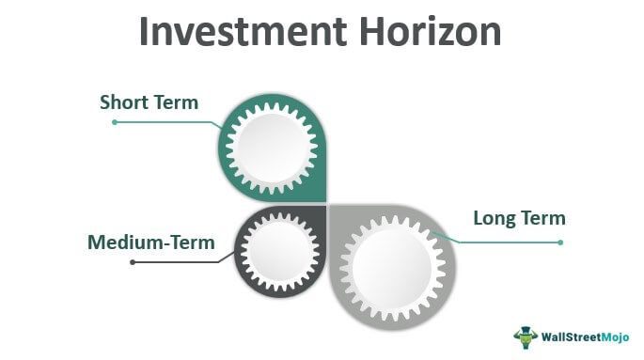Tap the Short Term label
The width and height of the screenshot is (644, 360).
[x=149, y=102]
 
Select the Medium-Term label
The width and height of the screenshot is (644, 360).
[x=150, y=243]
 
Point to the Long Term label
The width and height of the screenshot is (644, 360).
[x=519, y=219]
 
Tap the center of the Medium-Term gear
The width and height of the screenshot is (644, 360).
[x=278, y=250]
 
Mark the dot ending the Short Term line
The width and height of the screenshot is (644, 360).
[x=114, y=121]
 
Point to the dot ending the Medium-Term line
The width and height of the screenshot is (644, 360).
[x=133, y=261]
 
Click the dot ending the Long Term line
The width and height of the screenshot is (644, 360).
[x=560, y=242]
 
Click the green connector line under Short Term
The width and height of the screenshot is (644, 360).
[x=169, y=121]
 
